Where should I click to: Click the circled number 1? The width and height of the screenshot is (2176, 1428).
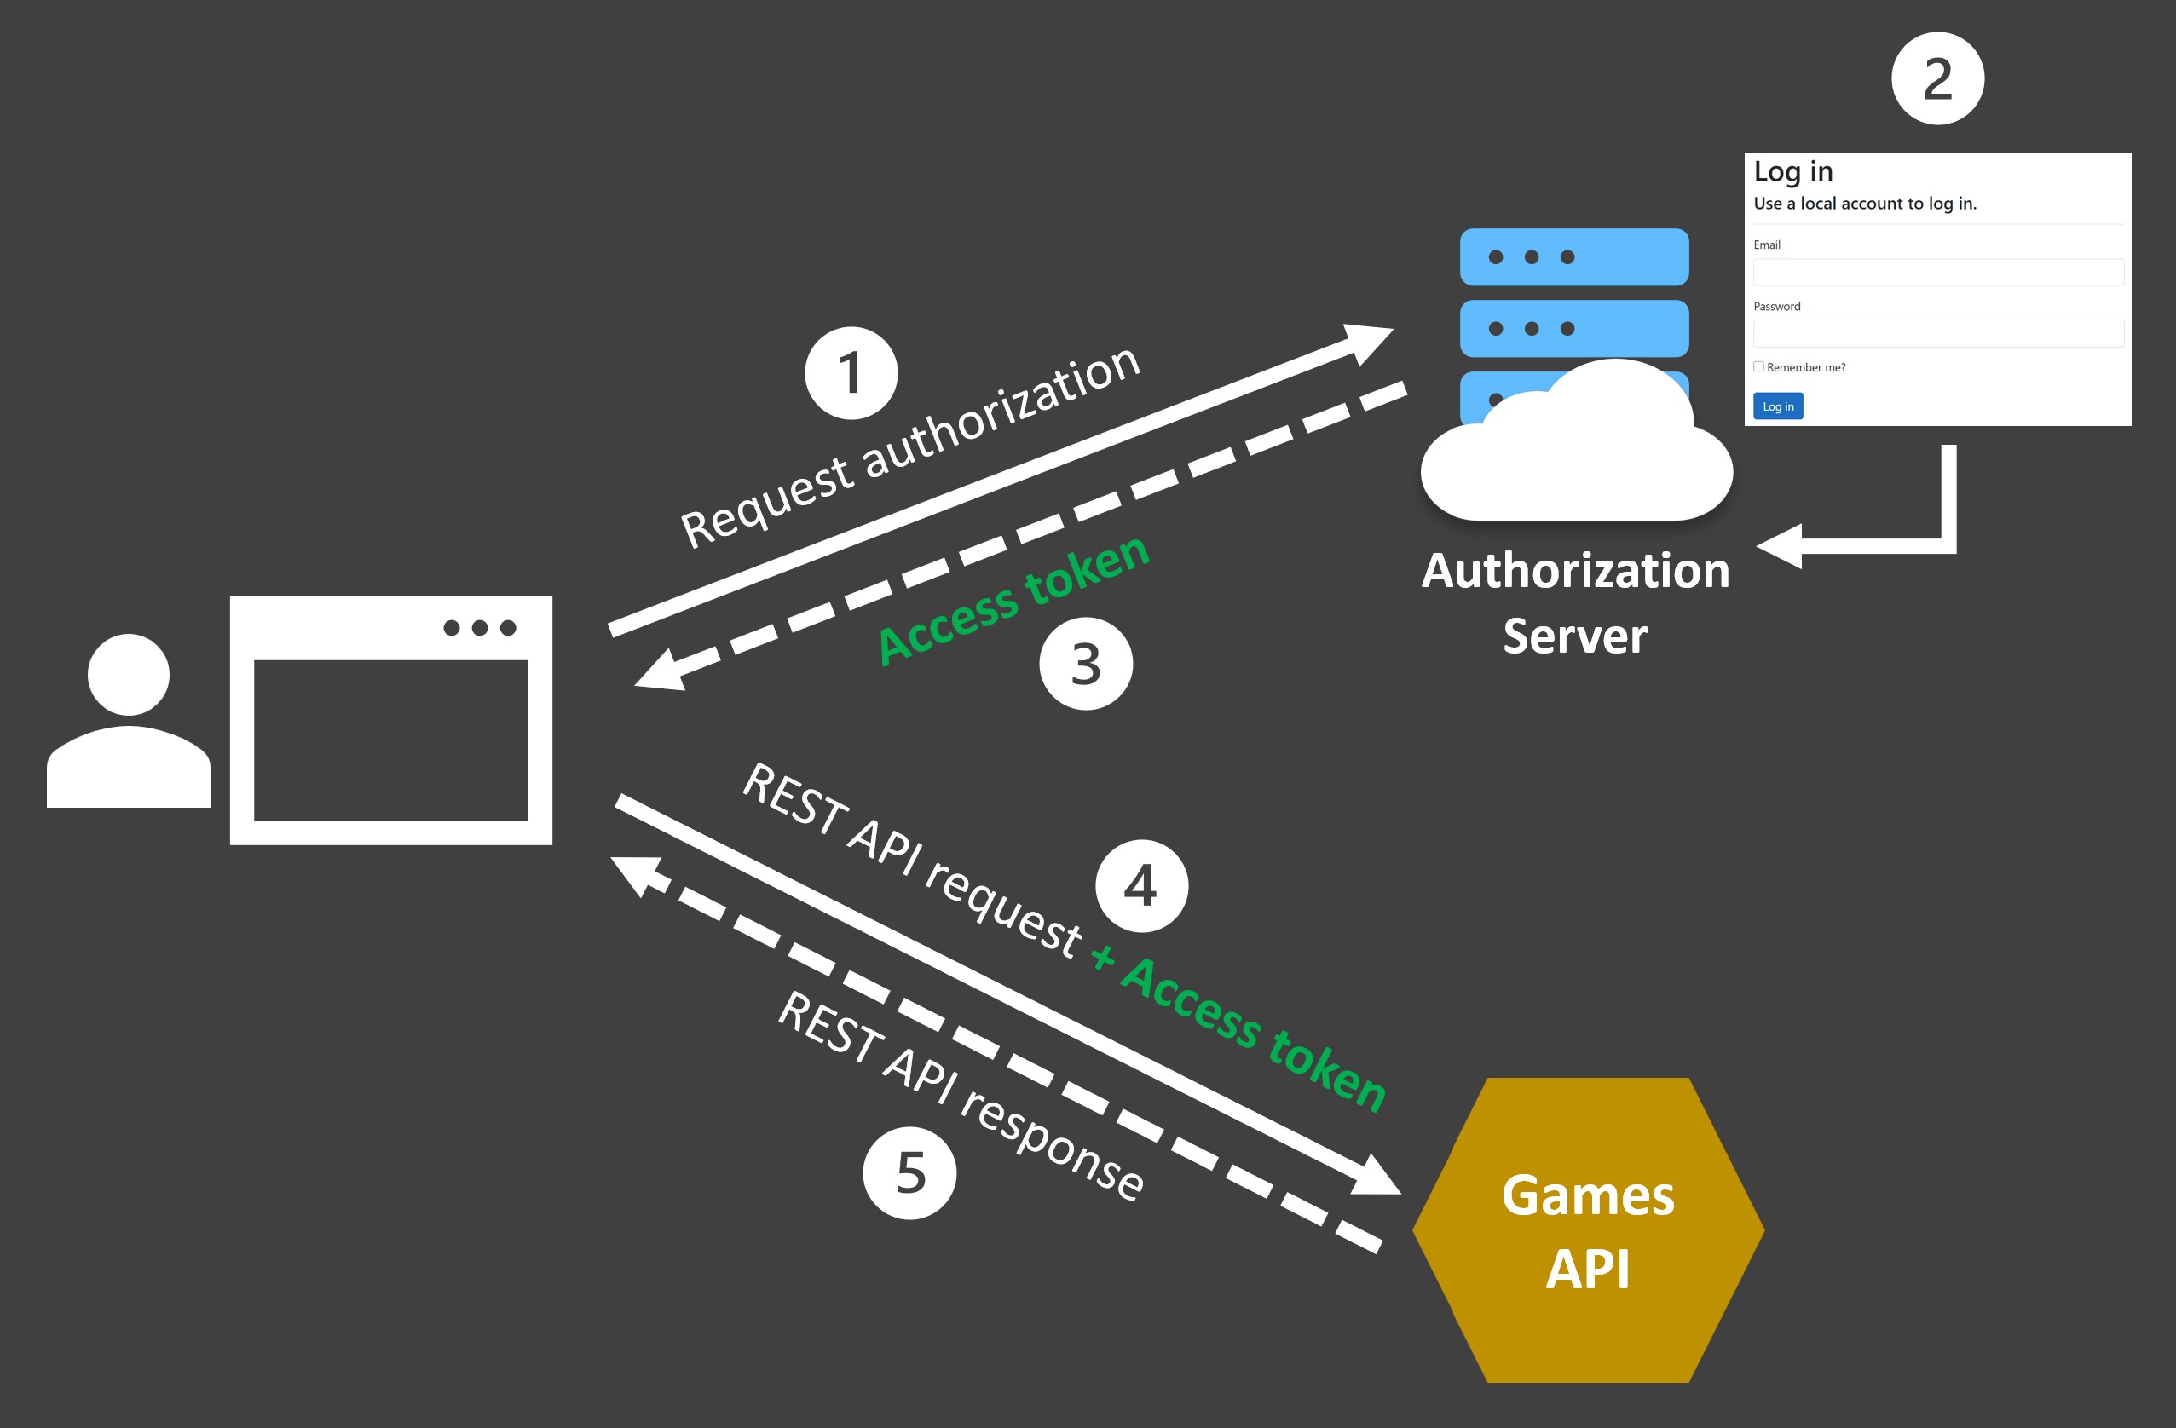point(851,373)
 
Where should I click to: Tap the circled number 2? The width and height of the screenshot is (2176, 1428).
point(1936,78)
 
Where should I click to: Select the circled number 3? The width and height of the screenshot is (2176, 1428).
point(1085,664)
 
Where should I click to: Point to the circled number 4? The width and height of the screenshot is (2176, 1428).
point(1141,886)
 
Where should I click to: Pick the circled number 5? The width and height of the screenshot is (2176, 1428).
point(909,1173)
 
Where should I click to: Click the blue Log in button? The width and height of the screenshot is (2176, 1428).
point(1777,406)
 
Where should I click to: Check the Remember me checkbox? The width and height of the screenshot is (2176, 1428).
point(1758,366)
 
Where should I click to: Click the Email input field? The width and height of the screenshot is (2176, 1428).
point(1937,272)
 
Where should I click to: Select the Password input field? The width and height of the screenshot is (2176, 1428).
point(1937,333)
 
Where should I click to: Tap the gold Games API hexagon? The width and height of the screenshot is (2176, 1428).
point(1588,1229)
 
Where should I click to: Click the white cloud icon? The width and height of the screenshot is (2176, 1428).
point(1577,457)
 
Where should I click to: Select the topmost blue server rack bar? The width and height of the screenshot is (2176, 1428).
point(1573,257)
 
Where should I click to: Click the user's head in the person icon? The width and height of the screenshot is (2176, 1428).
point(129,675)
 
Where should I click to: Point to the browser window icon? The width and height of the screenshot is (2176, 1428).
point(390,721)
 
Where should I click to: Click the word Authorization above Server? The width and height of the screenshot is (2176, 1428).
point(1575,572)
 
